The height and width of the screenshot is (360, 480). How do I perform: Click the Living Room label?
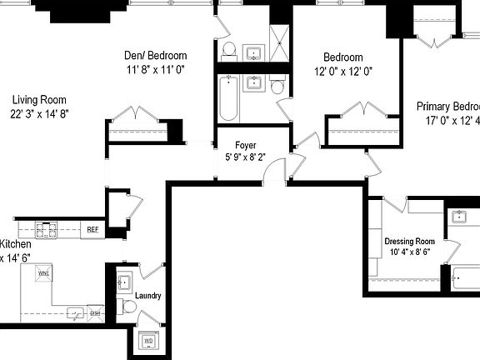38,97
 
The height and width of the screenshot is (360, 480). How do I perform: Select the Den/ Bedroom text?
155,56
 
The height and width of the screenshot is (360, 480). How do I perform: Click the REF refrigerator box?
92,230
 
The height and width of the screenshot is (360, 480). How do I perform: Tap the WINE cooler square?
43,273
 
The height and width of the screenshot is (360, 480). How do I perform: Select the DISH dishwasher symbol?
95,313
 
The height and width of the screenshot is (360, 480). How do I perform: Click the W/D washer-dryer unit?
149,341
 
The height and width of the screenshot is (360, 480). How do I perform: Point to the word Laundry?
147,296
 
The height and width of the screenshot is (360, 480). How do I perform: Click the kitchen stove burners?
44,229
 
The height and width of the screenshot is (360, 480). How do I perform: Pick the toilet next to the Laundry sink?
129,307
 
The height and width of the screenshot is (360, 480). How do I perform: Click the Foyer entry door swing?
272,174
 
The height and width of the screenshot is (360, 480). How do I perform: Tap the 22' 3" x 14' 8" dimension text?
38,113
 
